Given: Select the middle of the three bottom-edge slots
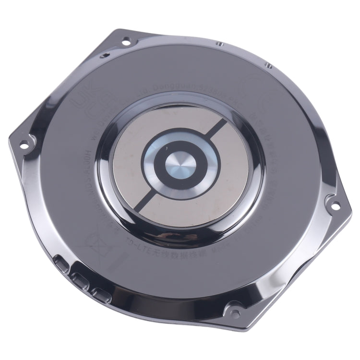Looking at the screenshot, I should [x=79, y=278].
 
